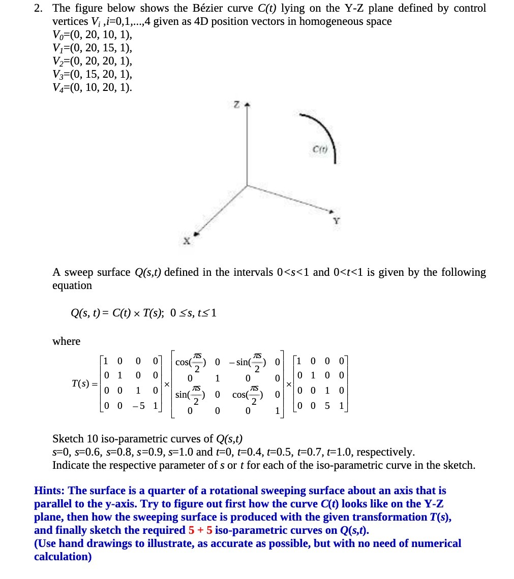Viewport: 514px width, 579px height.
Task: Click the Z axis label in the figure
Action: [x=236, y=104]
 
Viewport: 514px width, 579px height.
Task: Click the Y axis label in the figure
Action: [x=336, y=221]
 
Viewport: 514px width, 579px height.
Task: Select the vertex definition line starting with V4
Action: [x=92, y=88]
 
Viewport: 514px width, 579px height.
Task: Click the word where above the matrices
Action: [x=66, y=341]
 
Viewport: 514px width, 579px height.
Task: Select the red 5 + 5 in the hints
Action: [x=200, y=530]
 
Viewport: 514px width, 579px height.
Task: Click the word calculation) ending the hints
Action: [x=63, y=557]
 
